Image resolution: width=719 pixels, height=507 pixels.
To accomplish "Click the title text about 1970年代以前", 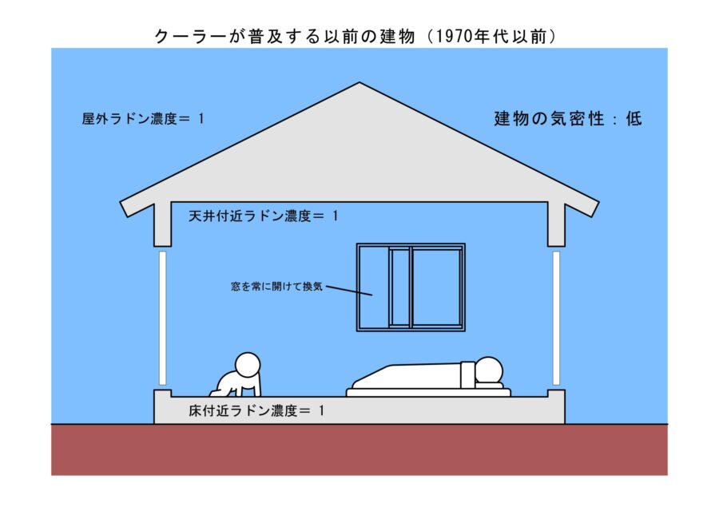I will pyautogui.click(x=355, y=37).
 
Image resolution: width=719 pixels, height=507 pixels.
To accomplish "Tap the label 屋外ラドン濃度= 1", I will pyautogui.click(x=143, y=118).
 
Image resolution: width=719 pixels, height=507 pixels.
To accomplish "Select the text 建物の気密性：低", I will pyautogui.click(x=568, y=120).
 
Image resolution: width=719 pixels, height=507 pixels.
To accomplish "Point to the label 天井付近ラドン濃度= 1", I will pyautogui.click(x=264, y=216).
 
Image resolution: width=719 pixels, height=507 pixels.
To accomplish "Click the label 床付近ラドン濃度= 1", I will pyautogui.click(x=256, y=411).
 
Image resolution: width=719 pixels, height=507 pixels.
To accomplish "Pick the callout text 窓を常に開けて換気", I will pyautogui.click(x=276, y=286).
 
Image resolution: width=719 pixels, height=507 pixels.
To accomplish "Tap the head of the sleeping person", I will pyautogui.click(x=488, y=371).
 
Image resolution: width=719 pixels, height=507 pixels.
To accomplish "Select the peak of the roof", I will pyautogui.click(x=359, y=84).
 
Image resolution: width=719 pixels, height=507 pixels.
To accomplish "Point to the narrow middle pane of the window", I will pyautogui.click(x=399, y=287).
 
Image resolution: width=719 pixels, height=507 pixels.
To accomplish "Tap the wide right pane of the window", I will pyautogui.click(x=436, y=287).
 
